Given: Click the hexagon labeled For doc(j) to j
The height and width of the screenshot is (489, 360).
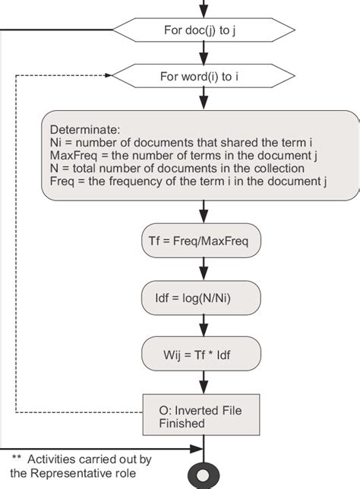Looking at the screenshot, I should pos(202,31).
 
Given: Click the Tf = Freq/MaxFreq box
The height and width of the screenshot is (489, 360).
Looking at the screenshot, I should pos(202,241).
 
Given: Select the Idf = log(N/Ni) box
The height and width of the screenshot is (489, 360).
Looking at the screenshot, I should pos(202,297).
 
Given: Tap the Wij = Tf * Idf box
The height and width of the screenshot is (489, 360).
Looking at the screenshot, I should pos(202,353).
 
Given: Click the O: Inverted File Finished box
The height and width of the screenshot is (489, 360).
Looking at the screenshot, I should pos(202,415).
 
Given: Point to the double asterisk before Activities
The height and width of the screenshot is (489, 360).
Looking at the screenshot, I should pos(16,459).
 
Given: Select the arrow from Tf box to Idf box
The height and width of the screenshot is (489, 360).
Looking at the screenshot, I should pos(202,269).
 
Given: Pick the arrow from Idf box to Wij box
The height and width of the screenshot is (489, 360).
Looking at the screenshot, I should pos(202,325).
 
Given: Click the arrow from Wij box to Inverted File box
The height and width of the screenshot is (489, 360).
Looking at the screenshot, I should pos(202,382).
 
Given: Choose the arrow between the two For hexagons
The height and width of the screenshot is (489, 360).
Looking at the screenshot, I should pos(202,53).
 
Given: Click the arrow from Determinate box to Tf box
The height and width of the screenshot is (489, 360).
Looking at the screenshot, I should pos(202,212).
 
